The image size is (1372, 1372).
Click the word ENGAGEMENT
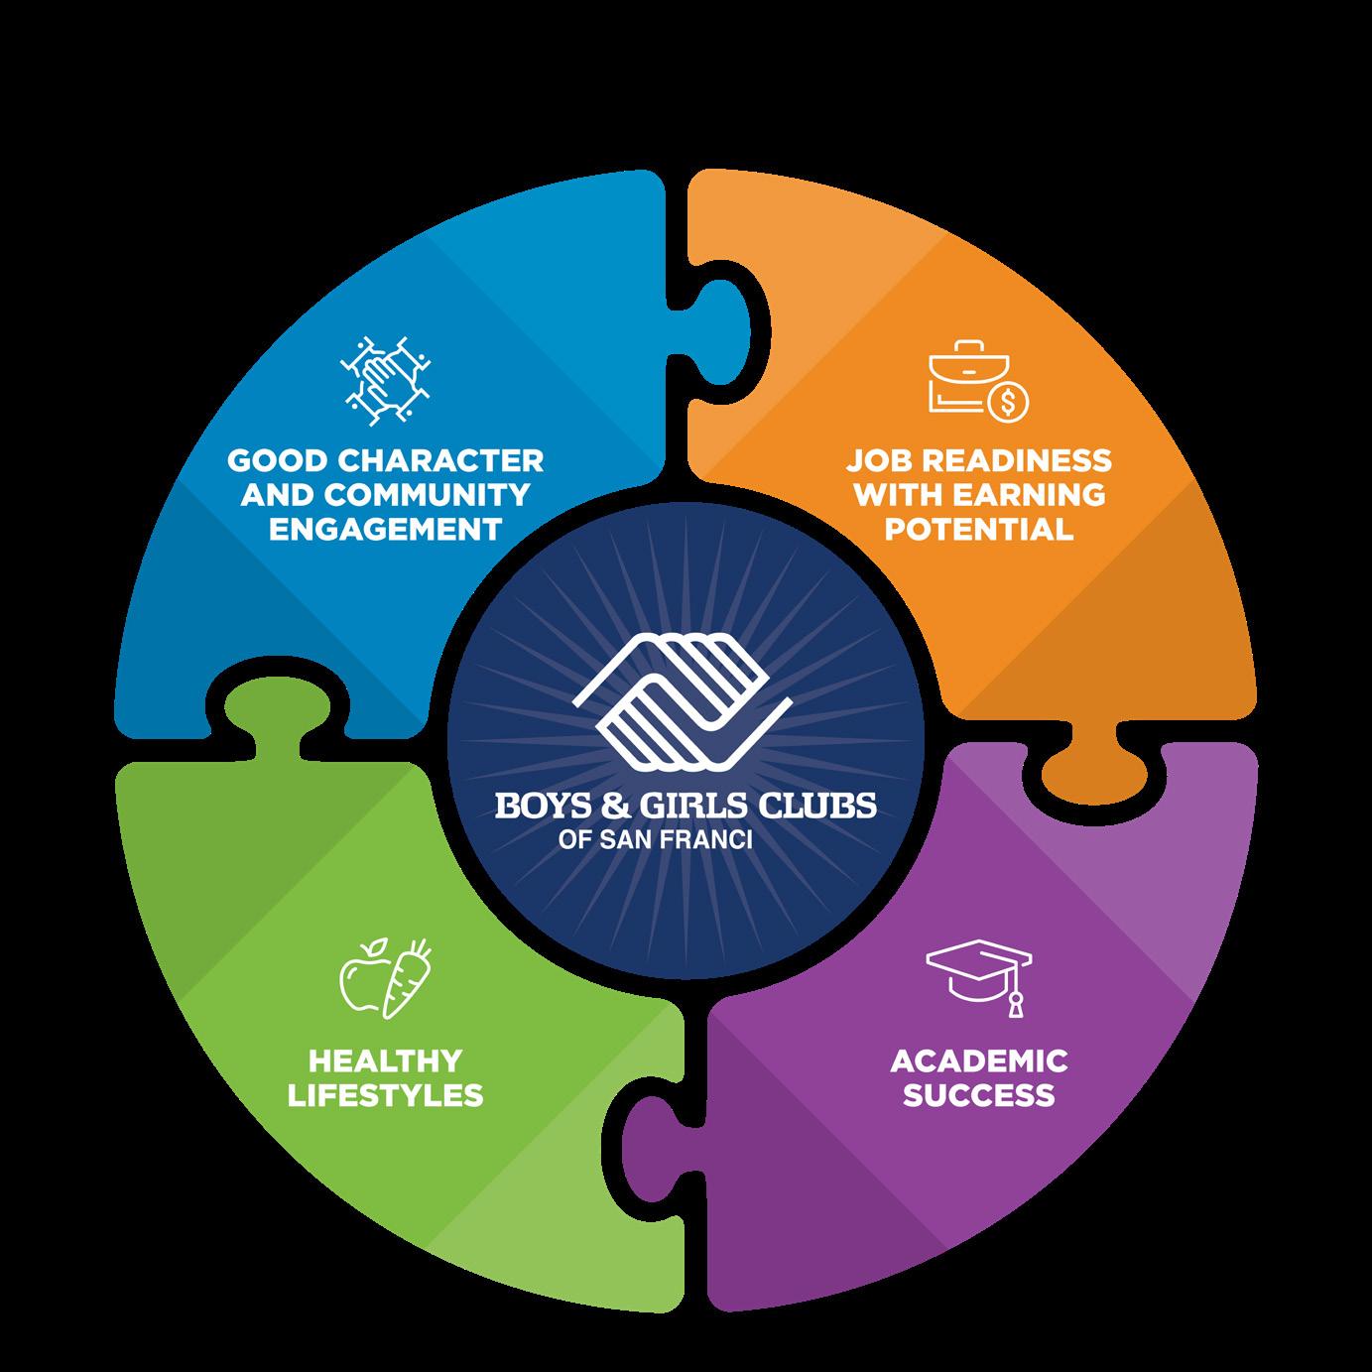(x=385, y=528)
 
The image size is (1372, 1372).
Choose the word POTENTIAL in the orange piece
(x=978, y=528)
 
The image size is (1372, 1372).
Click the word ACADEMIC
(x=978, y=1060)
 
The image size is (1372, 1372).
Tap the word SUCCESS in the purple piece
(x=978, y=1095)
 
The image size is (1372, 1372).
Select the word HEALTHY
(x=385, y=1060)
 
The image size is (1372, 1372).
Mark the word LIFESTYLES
(x=385, y=1095)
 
